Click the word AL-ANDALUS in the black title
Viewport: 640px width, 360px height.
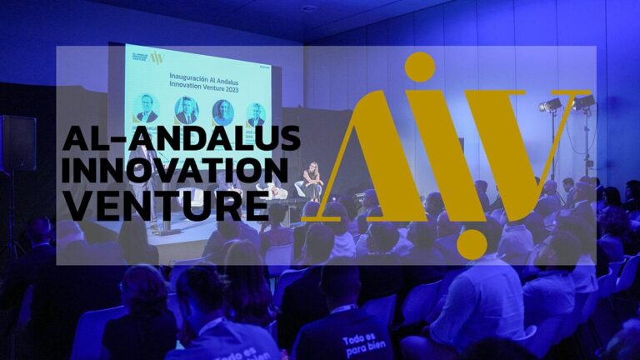coord(181,138)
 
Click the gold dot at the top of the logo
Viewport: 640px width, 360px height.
coord(419,67)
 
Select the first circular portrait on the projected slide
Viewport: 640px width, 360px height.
coord(147,108)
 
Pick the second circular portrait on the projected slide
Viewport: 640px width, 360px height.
coord(186,110)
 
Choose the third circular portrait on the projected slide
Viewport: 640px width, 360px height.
coord(222,112)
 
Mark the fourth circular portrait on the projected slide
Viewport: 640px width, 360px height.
coord(256,114)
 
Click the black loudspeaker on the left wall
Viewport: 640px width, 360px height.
coord(18,143)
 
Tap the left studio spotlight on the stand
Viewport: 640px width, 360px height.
coord(551,105)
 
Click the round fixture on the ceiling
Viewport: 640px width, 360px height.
coord(310,8)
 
